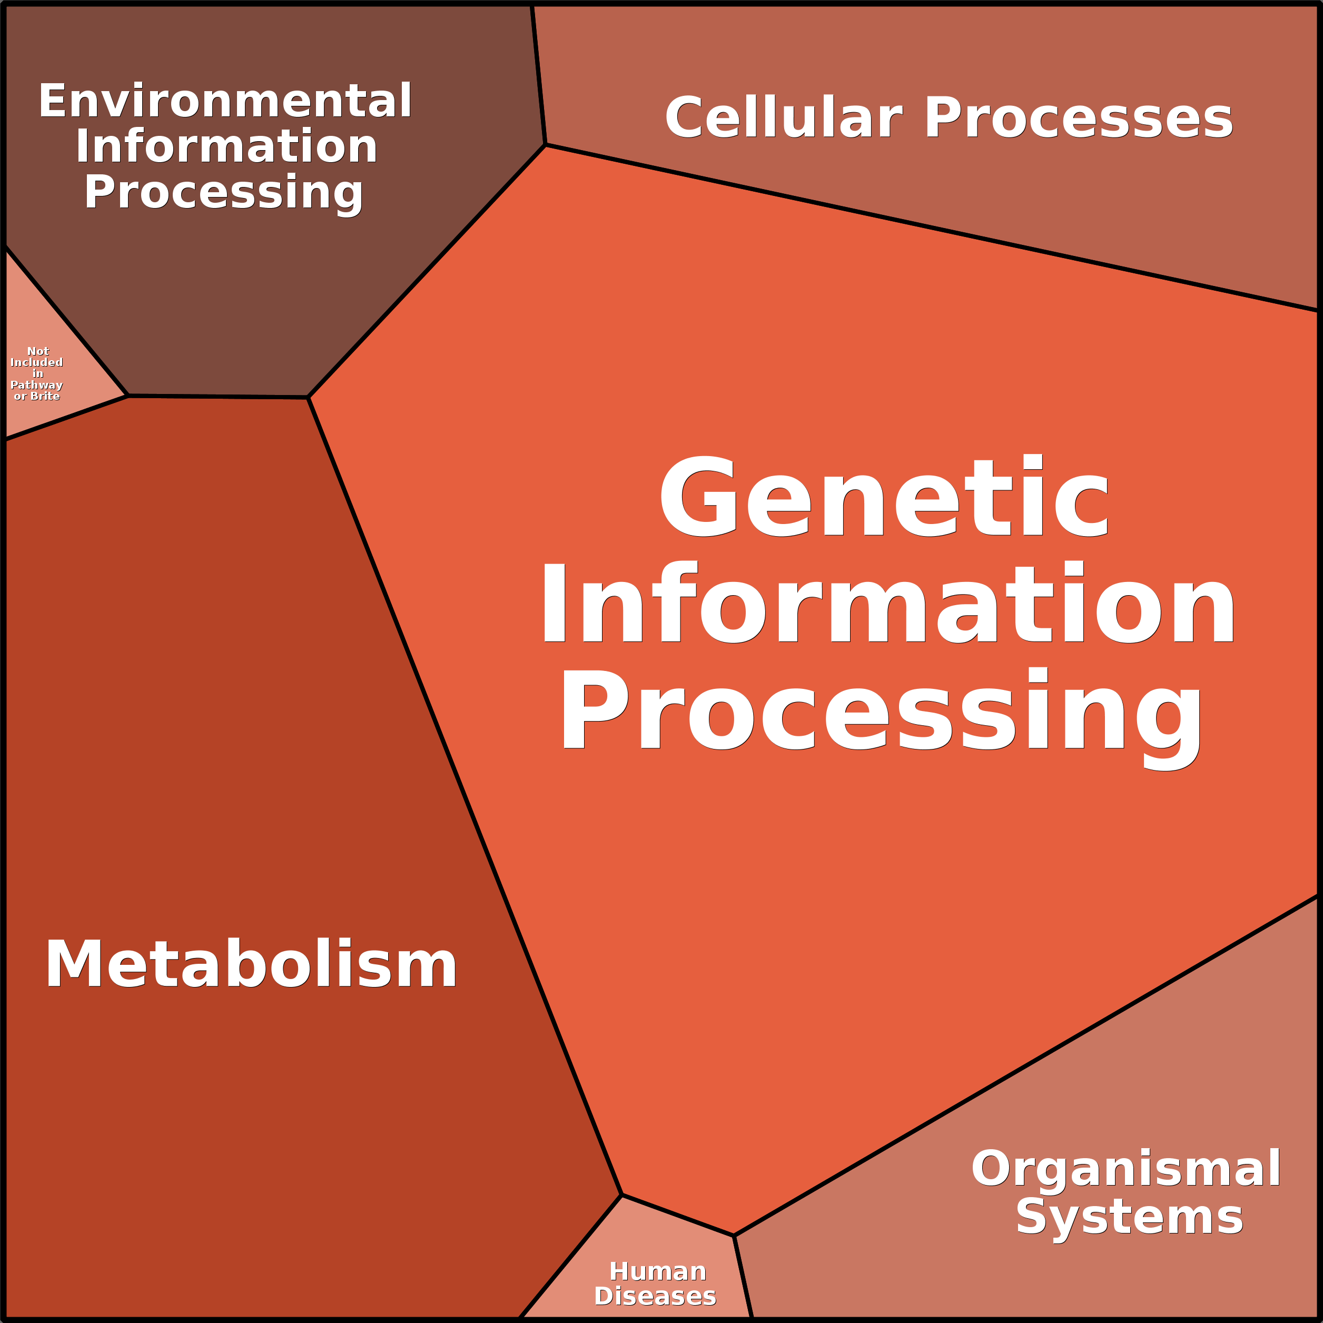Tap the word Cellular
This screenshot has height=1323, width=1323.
tap(783, 118)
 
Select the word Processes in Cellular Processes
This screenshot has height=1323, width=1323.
tap(1079, 118)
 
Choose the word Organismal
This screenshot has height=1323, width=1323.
tap(1126, 1169)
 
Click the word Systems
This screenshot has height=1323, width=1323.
tap(1129, 1218)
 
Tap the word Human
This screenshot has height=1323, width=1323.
tap(657, 1271)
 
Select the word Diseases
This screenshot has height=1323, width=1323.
tap(655, 1296)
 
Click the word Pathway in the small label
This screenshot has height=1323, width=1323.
tap(36, 385)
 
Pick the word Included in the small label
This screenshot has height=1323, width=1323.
tap(36, 362)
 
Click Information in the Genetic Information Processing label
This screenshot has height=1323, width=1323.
tap(888, 603)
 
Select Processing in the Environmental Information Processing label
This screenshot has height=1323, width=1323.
tap(224, 194)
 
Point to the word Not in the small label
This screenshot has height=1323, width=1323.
tap(38, 351)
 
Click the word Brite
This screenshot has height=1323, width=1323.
tap(45, 396)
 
